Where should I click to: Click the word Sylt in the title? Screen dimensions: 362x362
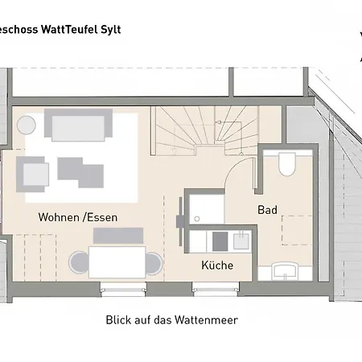point(131,27)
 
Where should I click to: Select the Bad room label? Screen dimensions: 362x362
point(267,210)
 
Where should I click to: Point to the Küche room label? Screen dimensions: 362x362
point(217,265)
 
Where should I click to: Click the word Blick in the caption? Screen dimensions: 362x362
point(120,319)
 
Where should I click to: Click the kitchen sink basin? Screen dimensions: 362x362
point(239,240)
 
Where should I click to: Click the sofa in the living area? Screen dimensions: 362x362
point(78,126)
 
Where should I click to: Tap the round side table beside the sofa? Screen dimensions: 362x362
point(27,125)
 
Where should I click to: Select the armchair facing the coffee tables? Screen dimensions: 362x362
point(34,172)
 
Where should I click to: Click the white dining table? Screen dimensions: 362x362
point(117,261)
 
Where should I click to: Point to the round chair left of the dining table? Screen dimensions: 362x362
point(78,262)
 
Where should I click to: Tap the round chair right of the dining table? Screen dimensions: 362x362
point(153,262)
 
